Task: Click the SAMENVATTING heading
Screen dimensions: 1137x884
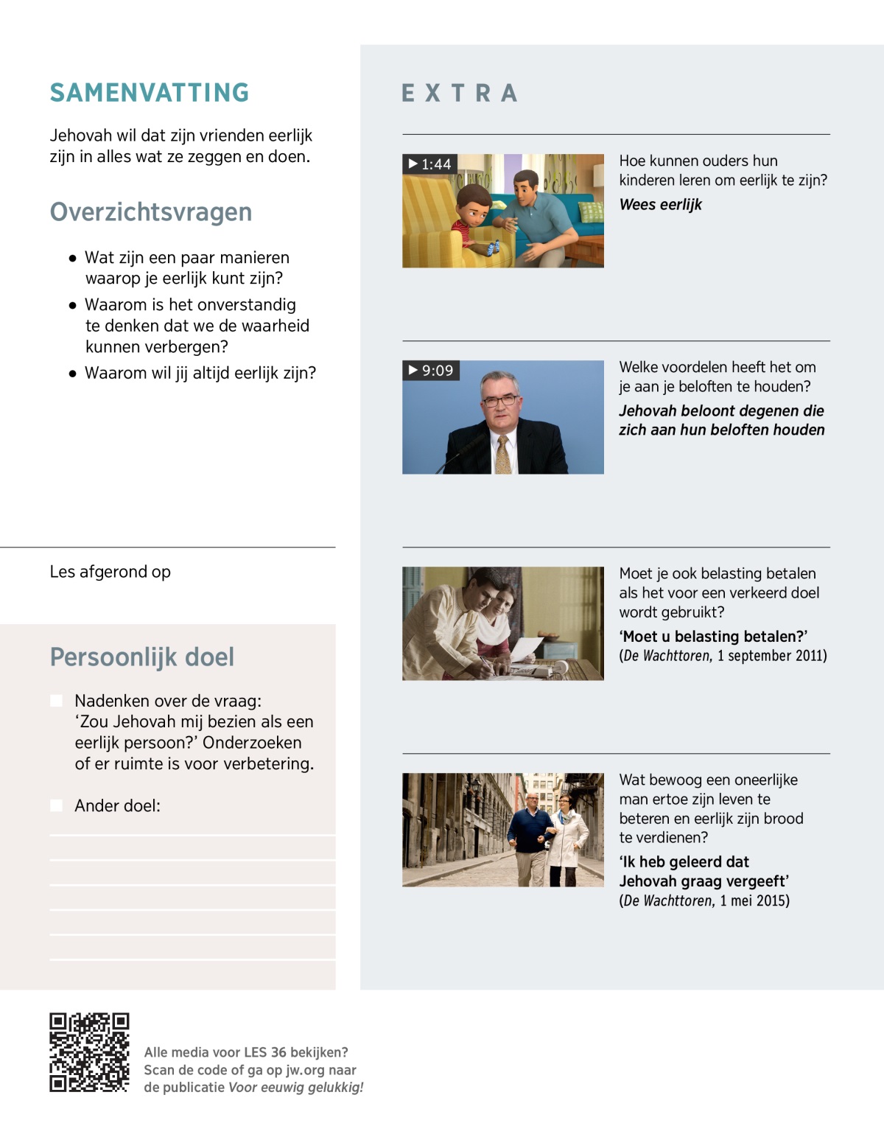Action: pos(150,93)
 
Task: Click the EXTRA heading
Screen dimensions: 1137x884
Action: pos(460,94)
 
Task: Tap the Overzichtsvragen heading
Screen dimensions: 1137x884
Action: pos(151,212)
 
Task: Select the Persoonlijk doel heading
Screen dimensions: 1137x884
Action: pos(142,657)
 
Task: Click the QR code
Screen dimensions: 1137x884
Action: pos(89,1052)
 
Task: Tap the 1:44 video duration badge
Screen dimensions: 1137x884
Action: pos(430,164)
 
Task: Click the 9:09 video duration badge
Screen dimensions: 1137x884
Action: pos(431,370)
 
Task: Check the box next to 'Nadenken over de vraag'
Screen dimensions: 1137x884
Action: pos(57,701)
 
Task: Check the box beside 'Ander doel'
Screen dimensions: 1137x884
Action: pos(57,805)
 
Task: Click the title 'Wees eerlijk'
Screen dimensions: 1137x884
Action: pos(660,205)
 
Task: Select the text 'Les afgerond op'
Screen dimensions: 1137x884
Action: pos(110,572)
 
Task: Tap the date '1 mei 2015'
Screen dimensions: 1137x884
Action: pos(754,900)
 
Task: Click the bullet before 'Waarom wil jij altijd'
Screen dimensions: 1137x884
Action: pos(72,374)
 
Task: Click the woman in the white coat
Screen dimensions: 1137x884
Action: pos(568,840)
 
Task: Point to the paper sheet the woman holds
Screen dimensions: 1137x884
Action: pos(525,648)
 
